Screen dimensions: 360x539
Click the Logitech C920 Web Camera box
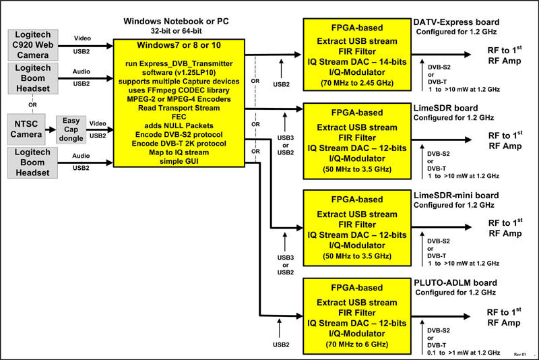32,45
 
